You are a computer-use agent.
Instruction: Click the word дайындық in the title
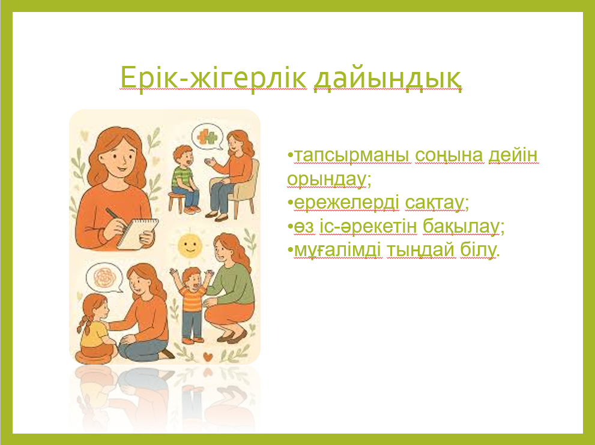[388, 79]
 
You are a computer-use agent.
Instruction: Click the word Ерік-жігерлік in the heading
[213, 77]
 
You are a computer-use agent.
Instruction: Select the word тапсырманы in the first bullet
[352, 155]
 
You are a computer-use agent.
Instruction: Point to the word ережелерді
[346, 203]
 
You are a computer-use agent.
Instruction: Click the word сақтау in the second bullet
[435, 203]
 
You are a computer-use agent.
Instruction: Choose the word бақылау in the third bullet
[461, 227]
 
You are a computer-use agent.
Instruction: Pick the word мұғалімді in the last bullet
[337, 251]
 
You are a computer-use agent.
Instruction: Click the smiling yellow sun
[190, 245]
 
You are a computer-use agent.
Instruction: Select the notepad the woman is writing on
[137, 234]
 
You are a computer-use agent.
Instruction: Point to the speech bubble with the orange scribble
[104, 278]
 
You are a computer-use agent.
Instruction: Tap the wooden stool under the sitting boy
[177, 201]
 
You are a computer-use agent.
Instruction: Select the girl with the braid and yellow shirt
[95, 326]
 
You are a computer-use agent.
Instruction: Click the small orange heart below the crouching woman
[207, 356]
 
